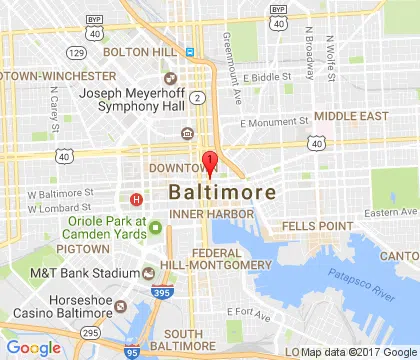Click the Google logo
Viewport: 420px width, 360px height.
point(33,347)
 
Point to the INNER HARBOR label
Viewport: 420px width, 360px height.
point(207,213)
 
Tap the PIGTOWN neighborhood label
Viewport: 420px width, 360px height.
point(83,247)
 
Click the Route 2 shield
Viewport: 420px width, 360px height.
point(200,97)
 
